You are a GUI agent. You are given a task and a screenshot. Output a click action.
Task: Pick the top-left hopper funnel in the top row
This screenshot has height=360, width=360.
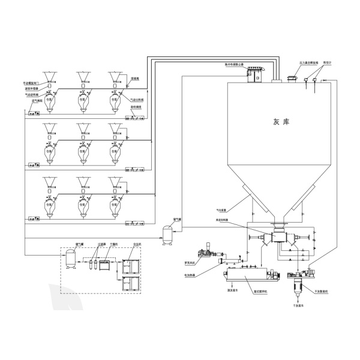point(49,76)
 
